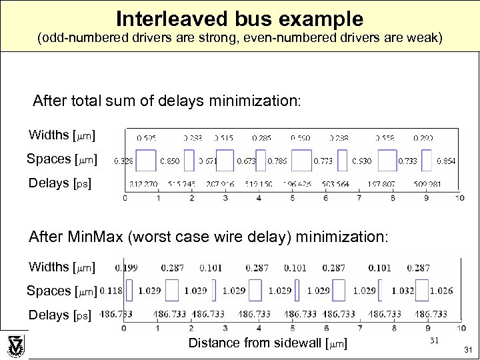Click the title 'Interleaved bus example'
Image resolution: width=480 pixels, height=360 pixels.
(x=240, y=18)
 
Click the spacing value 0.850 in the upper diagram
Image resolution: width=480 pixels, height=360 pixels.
(x=169, y=161)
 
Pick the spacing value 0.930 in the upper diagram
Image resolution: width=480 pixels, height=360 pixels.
(x=362, y=161)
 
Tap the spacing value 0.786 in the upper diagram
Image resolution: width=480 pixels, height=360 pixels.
(x=277, y=161)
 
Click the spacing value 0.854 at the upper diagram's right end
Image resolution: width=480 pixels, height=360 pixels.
(x=445, y=161)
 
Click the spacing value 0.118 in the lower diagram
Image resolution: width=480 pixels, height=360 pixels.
(x=111, y=291)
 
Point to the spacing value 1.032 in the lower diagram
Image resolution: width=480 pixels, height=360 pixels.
(x=403, y=291)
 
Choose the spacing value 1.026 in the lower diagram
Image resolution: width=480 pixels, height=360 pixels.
(x=441, y=291)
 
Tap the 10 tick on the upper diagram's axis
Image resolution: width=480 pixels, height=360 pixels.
(x=459, y=198)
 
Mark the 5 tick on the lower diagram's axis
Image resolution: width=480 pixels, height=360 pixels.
(x=292, y=328)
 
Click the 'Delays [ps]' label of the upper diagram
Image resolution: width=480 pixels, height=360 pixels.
(x=60, y=183)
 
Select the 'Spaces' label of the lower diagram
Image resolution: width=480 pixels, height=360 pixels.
(x=49, y=291)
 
